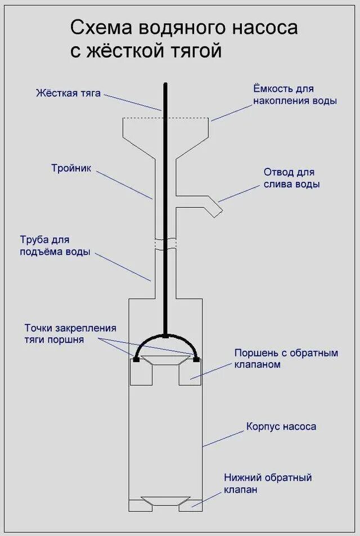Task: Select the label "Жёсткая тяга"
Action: [x=68, y=93]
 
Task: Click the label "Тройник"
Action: [x=71, y=168]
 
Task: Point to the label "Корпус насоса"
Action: [x=281, y=426]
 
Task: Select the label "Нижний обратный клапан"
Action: [x=267, y=484]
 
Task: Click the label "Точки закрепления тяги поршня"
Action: [x=70, y=334]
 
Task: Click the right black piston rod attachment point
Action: [x=196, y=358]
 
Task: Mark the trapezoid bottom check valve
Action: [x=165, y=501]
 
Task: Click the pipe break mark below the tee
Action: [x=165, y=243]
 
